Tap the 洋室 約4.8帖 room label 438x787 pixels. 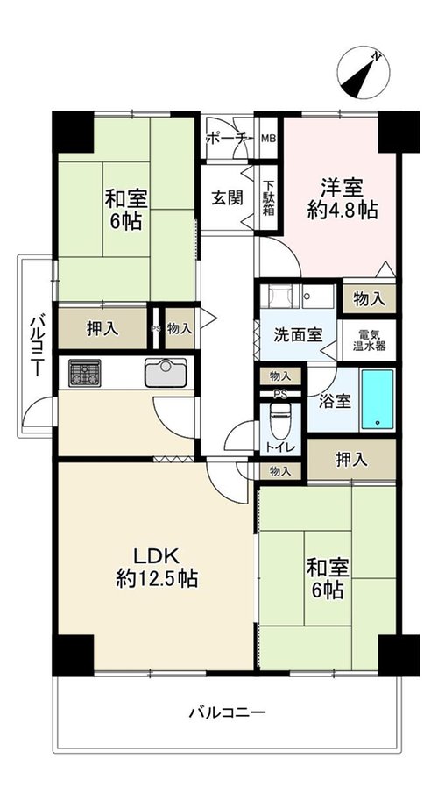pyautogui.click(x=343, y=199)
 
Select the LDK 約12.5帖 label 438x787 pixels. pyautogui.click(x=157, y=568)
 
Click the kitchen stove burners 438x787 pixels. pyautogui.click(x=85, y=373)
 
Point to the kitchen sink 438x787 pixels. pyautogui.click(x=166, y=373)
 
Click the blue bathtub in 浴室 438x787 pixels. pyautogui.click(x=378, y=400)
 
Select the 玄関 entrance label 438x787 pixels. pyautogui.click(x=227, y=197)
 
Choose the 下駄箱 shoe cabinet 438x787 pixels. pyautogui.click(x=269, y=197)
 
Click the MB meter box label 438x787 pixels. pyautogui.click(x=269, y=138)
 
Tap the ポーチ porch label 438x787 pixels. pyautogui.click(x=228, y=139)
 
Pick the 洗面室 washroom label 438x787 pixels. pyautogui.click(x=297, y=335)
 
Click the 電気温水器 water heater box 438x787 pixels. pyautogui.click(x=370, y=340)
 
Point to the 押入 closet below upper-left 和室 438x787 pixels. pyautogui.click(x=102, y=328)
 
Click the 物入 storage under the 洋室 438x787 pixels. pyautogui.click(x=370, y=300)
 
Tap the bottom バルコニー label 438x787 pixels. pyautogui.click(x=227, y=712)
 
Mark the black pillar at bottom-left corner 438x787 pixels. pyautogui.click(x=73, y=655)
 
